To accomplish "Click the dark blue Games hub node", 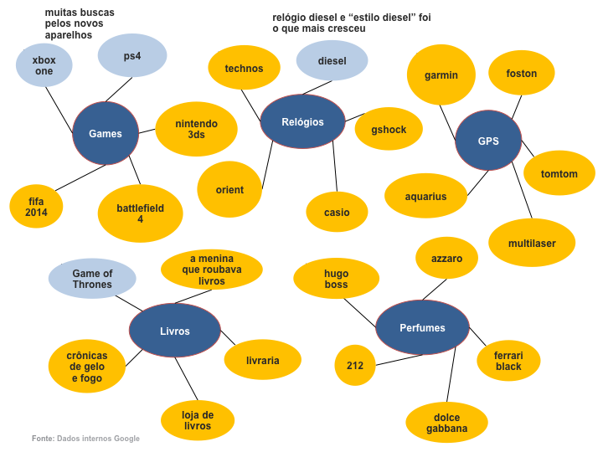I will (x=106, y=133).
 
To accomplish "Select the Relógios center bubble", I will (x=302, y=122).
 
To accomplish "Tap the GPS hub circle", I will (x=488, y=141).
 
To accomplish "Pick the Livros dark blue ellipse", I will (x=174, y=331).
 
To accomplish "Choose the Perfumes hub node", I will (x=422, y=327).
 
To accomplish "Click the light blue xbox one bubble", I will (x=44, y=65).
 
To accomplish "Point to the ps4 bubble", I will (x=131, y=56).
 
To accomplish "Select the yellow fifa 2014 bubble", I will (x=37, y=207).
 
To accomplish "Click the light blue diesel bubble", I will (x=332, y=60).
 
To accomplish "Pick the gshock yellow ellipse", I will (x=388, y=130).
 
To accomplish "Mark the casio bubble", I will (x=337, y=213).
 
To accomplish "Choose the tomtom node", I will (x=559, y=173).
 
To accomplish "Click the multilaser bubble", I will (x=531, y=243).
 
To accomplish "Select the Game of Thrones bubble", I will (x=92, y=279).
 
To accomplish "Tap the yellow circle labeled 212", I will (x=355, y=365).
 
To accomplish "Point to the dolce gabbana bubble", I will (x=446, y=423).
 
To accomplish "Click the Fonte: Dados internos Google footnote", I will (x=85, y=439).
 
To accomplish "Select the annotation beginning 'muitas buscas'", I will (x=80, y=23).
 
